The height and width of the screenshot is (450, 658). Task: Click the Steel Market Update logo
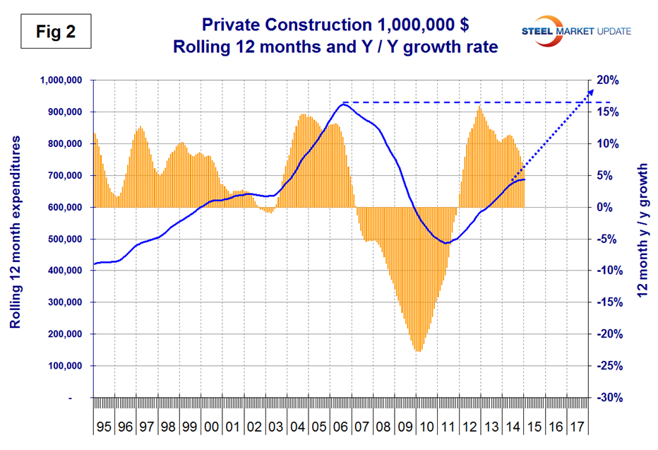coord(575,30)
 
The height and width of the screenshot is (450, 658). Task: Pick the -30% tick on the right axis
coord(609,398)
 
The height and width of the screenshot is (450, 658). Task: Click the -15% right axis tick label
coord(609,303)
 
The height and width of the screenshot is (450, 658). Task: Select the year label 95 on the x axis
coord(104,427)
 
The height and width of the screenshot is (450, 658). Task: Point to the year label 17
coord(577,427)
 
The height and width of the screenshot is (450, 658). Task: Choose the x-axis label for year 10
coord(426,427)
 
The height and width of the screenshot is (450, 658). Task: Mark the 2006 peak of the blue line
coord(343,104)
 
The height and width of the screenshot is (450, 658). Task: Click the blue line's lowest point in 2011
coord(445,243)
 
